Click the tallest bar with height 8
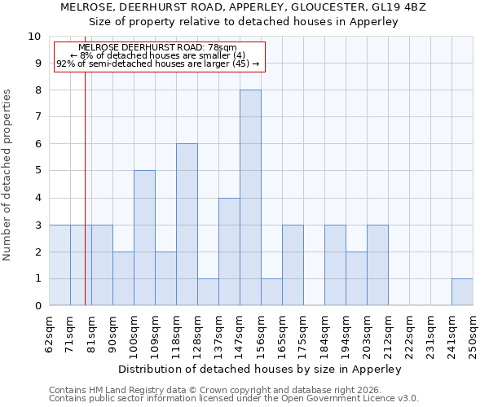pyautogui.click(x=250, y=198)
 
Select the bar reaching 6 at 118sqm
pyautogui.click(x=187, y=225)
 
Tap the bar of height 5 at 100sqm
pyautogui.click(x=144, y=238)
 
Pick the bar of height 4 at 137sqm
pyautogui.click(x=229, y=252)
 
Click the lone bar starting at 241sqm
pyautogui.click(x=462, y=292)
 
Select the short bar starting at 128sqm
pyautogui.click(x=208, y=292)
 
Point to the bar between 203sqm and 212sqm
pyautogui.click(x=377, y=265)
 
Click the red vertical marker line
pyautogui.click(x=85, y=203)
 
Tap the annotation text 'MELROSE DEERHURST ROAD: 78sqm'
pyautogui.click(x=158, y=48)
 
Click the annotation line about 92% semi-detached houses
pyautogui.click(x=158, y=63)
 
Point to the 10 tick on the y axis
pyautogui.click(x=34, y=37)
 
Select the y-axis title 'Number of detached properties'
pyautogui.click(x=7, y=176)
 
